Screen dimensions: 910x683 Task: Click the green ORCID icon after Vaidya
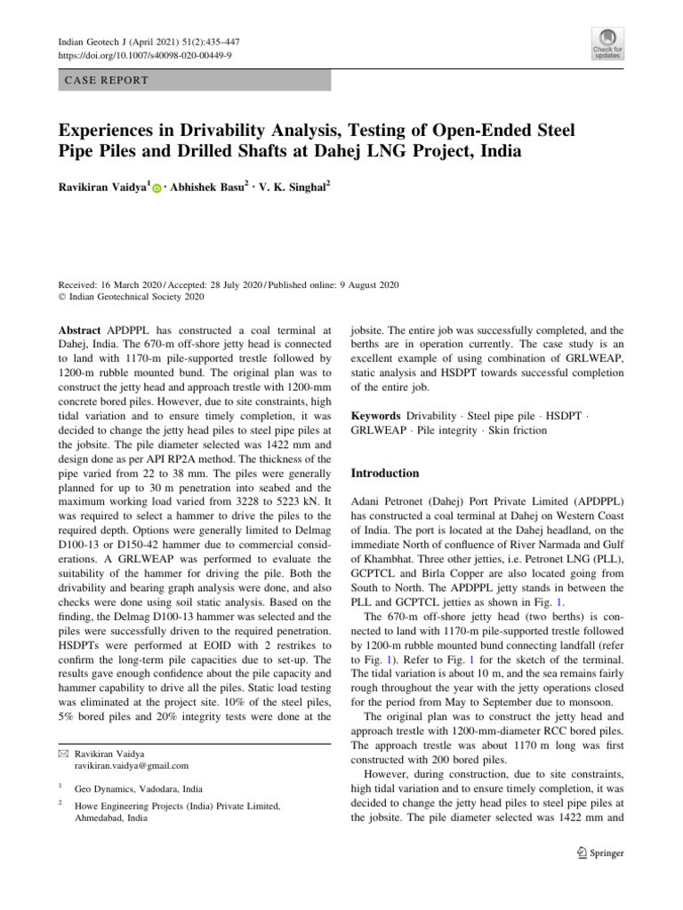[157, 190]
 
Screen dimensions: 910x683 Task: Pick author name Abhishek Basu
[211, 188]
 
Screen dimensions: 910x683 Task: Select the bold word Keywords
[376, 416]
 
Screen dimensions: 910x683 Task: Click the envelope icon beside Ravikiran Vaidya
[61, 753]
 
